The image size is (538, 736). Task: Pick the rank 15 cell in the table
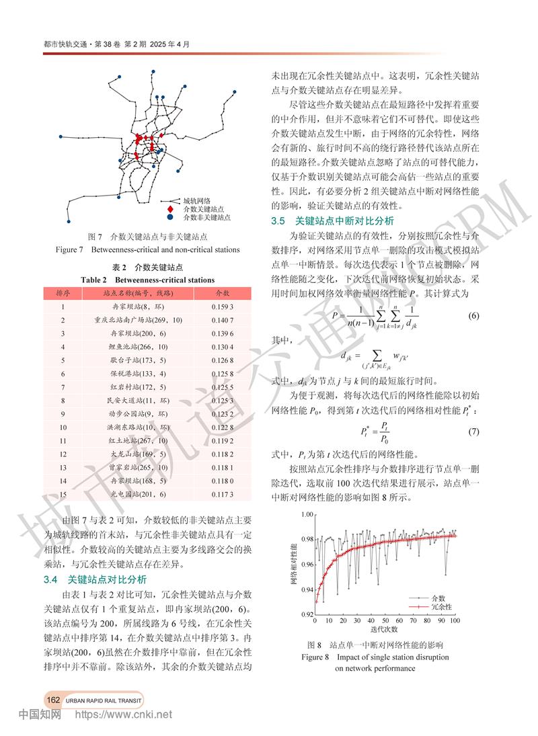62,494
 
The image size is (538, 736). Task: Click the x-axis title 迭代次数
384,630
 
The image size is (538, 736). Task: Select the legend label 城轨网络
196,201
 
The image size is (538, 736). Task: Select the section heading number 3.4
52,579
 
